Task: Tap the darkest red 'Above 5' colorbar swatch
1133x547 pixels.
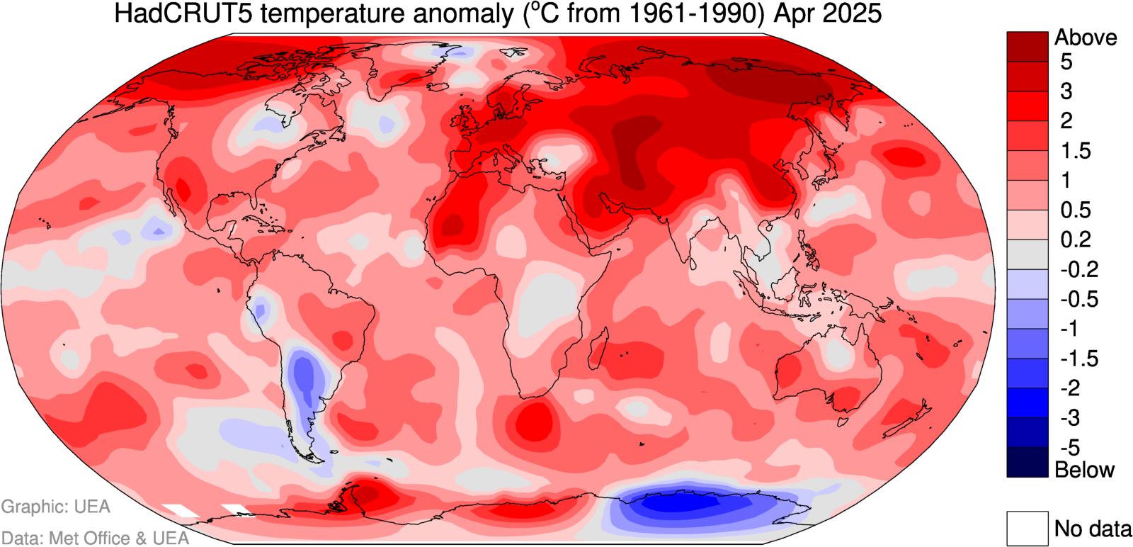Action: (x=1027, y=46)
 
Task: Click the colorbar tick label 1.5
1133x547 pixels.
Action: (x=1075, y=151)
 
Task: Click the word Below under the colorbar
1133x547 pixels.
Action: (x=1084, y=470)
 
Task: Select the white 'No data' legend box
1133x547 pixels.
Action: (x=1027, y=529)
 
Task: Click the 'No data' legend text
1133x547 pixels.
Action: (x=1093, y=529)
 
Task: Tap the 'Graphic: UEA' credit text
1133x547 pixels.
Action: (x=55, y=507)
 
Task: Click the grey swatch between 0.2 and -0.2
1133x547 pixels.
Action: (x=1027, y=254)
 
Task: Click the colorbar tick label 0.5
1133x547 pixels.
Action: (x=1075, y=210)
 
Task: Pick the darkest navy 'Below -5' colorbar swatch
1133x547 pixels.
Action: (x=1027, y=462)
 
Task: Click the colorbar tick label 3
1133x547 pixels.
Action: (x=1066, y=91)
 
